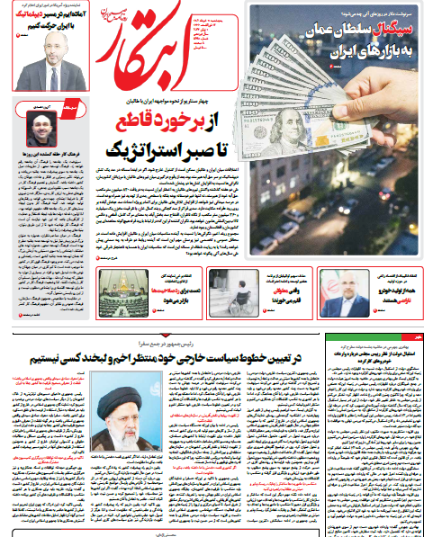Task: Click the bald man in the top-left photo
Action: pos(52,63)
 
